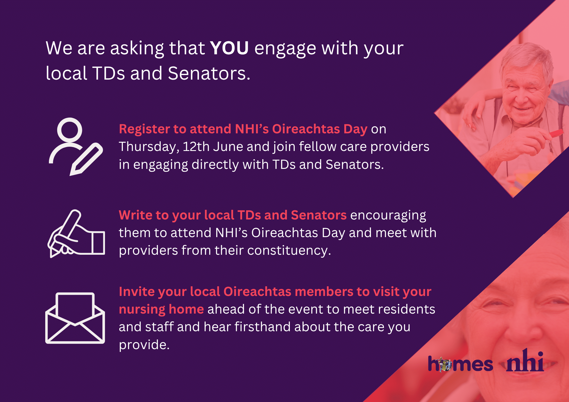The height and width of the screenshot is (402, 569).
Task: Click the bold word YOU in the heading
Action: click(x=229, y=48)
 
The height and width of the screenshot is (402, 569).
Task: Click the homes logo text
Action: click(x=460, y=364)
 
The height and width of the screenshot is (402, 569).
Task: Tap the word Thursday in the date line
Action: click(x=149, y=147)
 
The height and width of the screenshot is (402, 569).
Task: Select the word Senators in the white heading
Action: click(x=209, y=73)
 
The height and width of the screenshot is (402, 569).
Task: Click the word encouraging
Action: click(x=388, y=216)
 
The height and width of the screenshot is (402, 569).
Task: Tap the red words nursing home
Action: click(x=161, y=310)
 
